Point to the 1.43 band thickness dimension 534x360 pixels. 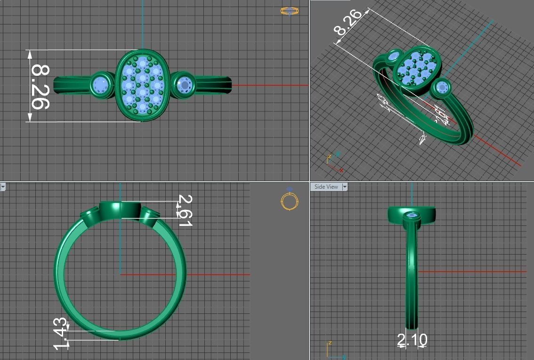coord(60,334)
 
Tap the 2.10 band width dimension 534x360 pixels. coord(413,340)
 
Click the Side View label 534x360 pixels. coord(326,187)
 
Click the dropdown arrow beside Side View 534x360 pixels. coord(345,187)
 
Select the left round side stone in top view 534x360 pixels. coord(100,85)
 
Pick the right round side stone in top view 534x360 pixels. coord(184,85)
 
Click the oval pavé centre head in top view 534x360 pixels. coord(143,85)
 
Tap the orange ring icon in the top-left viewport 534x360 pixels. coord(289,10)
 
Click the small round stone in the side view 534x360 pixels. coord(413,216)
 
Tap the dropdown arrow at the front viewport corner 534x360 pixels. coord(3,187)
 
